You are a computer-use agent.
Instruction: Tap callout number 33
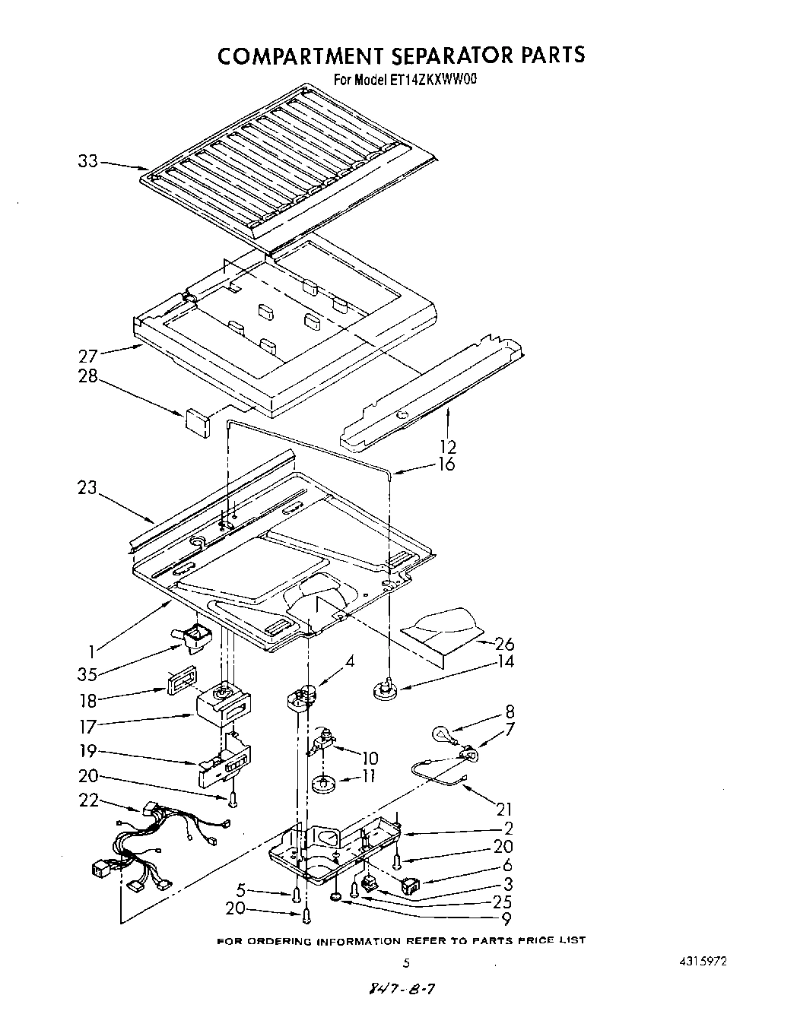point(88,161)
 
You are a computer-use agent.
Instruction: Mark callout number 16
point(446,464)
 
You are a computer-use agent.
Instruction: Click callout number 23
point(87,487)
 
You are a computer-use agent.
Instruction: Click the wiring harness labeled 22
point(144,851)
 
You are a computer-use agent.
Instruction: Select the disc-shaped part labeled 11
point(324,783)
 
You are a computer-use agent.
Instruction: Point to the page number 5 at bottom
point(407,962)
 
